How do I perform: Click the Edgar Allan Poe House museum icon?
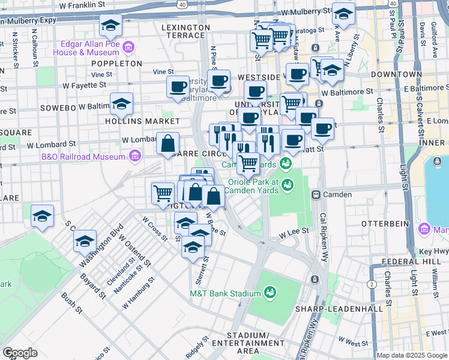(128, 47)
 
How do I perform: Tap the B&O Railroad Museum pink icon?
(135, 157)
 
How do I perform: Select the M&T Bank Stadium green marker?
(271, 293)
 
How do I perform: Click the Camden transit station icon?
(316, 194)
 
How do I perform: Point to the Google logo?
(20, 353)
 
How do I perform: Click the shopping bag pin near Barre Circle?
(169, 144)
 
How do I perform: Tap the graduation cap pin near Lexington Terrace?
(110, 26)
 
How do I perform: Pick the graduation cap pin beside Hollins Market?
(121, 104)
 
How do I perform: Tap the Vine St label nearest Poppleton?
(103, 74)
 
